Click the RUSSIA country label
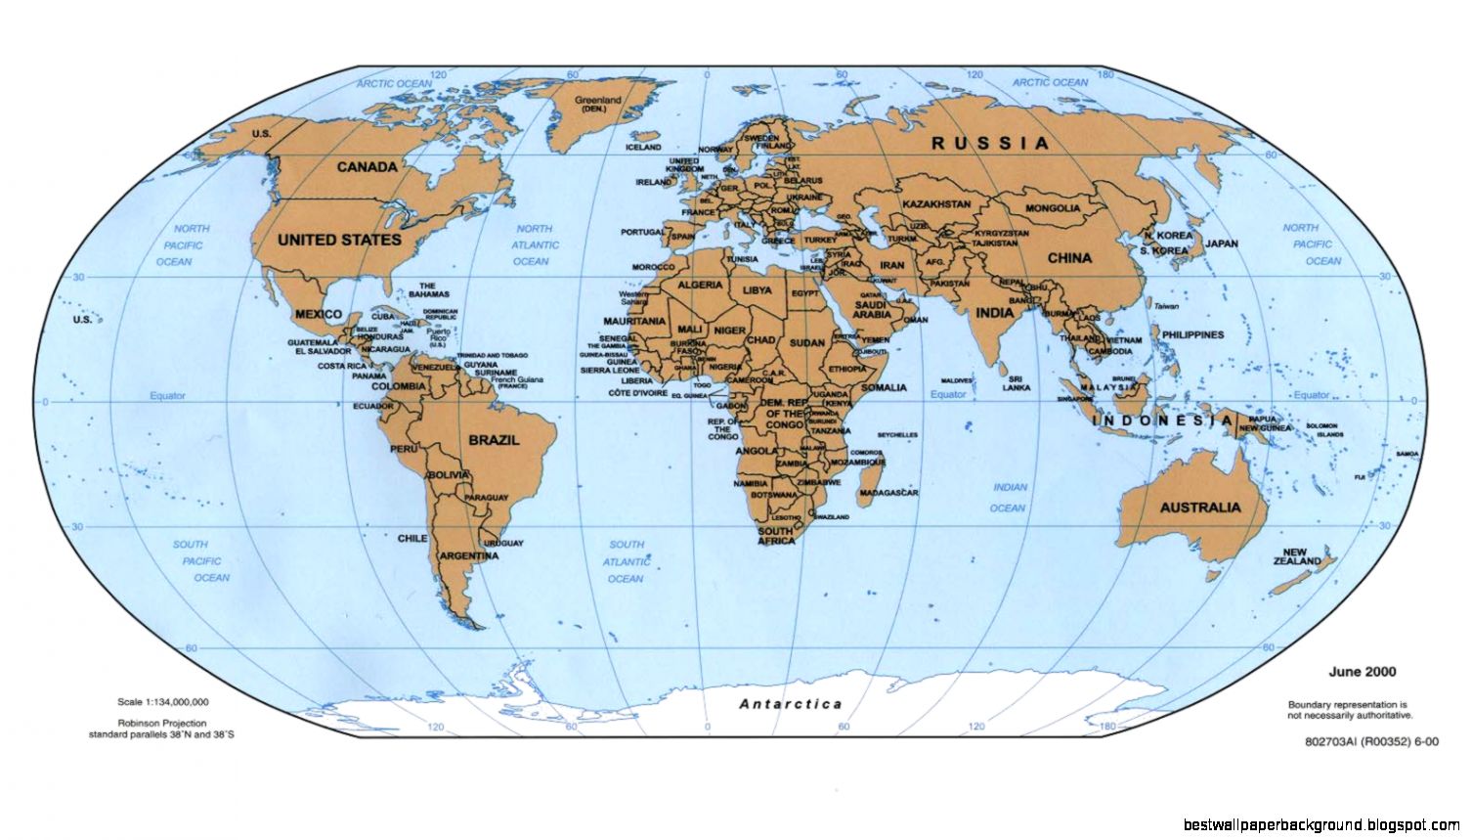point(990,143)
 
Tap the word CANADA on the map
point(368,167)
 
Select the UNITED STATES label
point(339,240)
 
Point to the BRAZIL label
point(494,440)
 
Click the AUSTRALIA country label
point(1200,508)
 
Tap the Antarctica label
point(791,704)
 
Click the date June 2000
point(1362,672)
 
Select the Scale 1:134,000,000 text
point(162,702)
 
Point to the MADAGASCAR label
point(889,493)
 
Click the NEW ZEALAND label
point(1297,557)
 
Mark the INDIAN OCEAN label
point(1009,497)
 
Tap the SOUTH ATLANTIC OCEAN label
point(627,561)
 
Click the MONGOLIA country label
point(1053,208)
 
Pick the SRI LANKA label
point(1017,382)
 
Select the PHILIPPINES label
point(1192,334)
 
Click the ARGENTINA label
point(469,555)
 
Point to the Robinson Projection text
point(162,724)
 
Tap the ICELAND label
point(643,148)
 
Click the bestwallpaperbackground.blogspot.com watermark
point(1320,825)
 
